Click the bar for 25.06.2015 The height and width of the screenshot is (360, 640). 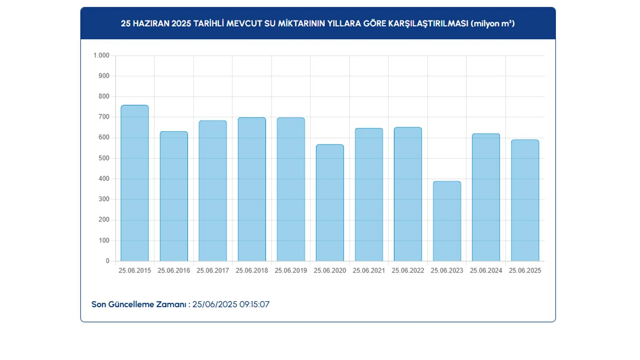point(134,183)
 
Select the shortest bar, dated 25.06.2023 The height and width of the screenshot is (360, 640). point(447,221)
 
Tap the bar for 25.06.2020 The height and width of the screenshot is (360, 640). point(330,203)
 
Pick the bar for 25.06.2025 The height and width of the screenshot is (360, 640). point(525,200)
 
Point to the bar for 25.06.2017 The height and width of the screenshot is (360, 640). point(212,191)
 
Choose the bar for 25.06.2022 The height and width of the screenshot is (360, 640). point(408,194)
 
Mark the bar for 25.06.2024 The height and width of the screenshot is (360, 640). point(486,197)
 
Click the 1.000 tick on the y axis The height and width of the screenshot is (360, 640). point(101,56)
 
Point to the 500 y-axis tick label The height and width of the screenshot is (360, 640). point(104,158)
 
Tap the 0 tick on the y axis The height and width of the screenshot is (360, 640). point(107,261)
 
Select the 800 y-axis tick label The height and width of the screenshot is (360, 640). point(104,96)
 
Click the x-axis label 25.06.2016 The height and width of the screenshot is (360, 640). point(174,270)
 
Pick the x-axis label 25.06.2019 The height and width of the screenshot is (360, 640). point(291,270)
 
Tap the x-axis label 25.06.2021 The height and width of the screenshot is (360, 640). point(369,270)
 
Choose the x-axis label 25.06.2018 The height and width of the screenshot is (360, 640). point(252,270)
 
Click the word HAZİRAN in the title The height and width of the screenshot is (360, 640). point(151,24)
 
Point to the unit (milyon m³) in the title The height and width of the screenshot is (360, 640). point(492,24)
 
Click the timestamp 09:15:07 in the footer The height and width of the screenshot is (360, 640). point(254,304)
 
